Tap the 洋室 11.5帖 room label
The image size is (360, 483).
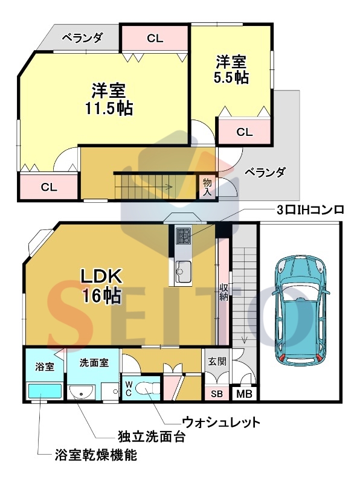pos(109,99)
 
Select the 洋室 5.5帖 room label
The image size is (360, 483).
pos(231,69)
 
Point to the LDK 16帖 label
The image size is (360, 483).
pos(101,286)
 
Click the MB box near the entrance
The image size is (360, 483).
pos(245,394)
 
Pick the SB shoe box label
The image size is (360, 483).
pos(217,394)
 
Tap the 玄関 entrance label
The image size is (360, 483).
pos(217,361)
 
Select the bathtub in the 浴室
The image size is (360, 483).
pos(45,391)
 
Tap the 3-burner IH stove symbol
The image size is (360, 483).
pos(184,235)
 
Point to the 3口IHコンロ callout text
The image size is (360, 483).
pos(310,210)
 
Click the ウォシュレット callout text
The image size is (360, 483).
pos(221,422)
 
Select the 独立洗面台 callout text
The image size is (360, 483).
pos(152,437)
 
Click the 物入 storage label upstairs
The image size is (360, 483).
pos(207,187)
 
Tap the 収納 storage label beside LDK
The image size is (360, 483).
pos(223,292)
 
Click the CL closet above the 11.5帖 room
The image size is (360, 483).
pos(155,38)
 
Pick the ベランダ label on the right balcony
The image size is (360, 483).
pos(265,173)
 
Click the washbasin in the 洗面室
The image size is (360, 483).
pos(82,392)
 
